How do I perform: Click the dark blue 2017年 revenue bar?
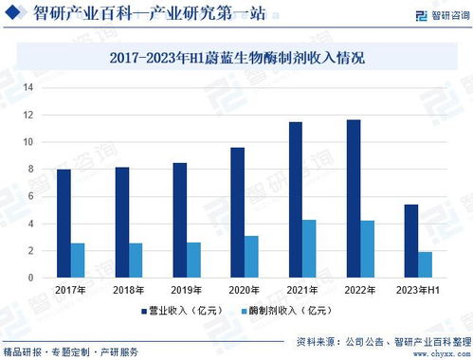tap(64, 224)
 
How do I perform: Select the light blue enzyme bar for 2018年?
tap(136, 261)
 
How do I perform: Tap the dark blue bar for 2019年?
tap(179, 221)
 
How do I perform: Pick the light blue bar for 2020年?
tap(251, 257)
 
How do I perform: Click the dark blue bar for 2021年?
tap(296, 200)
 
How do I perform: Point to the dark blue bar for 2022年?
tap(353, 199)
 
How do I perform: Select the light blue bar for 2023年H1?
tap(425, 264)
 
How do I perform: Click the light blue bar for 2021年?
tap(309, 248)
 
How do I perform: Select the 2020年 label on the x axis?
tap(244, 290)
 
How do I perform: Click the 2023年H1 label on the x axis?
tap(417, 290)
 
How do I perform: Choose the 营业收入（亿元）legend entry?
tap(184, 310)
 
